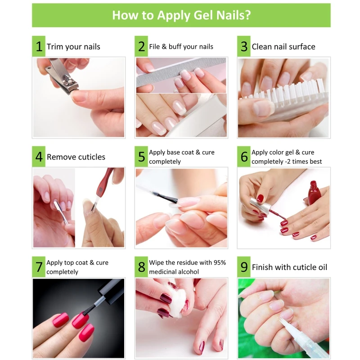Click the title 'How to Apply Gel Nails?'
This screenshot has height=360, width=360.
(x=181, y=15)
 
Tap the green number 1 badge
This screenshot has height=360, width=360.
(x=39, y=46)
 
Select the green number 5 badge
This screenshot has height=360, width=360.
(x=141, y=157)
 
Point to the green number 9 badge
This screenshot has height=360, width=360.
(x=244, y=267)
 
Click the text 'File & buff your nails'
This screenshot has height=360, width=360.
(x=181, y=47)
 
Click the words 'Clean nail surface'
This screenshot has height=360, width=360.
(x=283, y=47)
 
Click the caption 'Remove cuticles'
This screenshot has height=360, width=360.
(x=76, y=157)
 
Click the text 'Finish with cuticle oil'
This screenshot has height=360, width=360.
(x=289, y=267)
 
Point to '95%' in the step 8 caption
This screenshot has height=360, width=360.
(x=220, y=262)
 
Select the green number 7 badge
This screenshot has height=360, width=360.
(x=39, y=267)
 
